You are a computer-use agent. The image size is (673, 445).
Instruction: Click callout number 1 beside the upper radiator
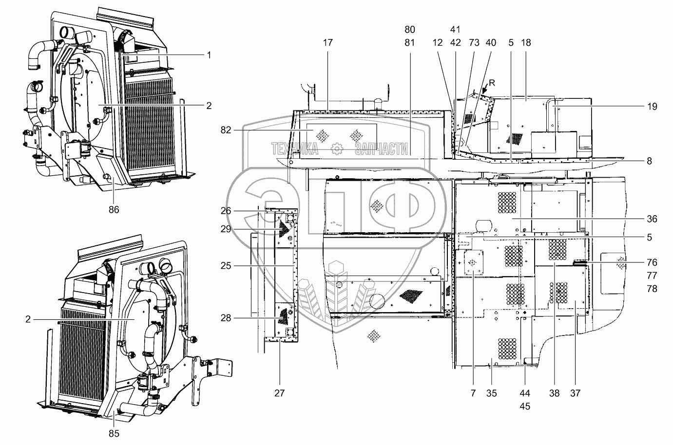[209, 55]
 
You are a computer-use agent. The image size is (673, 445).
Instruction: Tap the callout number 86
[113, 209]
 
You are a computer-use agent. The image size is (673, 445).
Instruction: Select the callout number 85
[113, 433]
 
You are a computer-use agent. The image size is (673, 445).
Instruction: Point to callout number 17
[327, 42]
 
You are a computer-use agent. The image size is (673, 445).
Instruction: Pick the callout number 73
[473, 42]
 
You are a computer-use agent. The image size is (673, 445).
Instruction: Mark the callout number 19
[653, 107]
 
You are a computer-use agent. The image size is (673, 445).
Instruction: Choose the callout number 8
[650, 161]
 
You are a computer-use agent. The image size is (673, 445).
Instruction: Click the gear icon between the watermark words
[337, 149]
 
